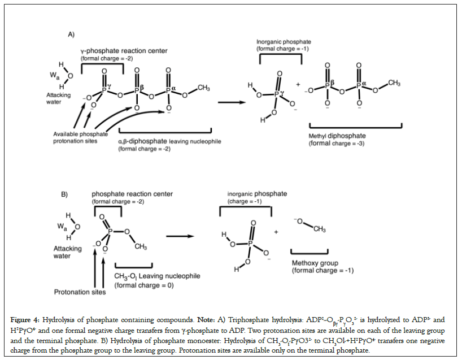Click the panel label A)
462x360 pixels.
click(x=72, y=35)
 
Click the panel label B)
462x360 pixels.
click(x=65, y=195)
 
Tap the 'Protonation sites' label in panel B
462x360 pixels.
click(x=80, y=292)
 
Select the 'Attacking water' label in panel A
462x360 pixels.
click(x=59, y=98)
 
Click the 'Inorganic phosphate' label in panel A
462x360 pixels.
click(x=284, y=42)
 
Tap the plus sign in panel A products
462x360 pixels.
click(x=298, y=85)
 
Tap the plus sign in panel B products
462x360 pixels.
click(x=276, y=232)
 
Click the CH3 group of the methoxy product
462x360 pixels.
click(x=320, y=229)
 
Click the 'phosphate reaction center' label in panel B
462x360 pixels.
click(x=132, y=194)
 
